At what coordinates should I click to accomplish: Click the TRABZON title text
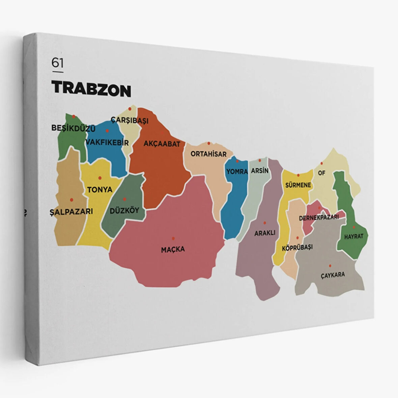pos(91,89)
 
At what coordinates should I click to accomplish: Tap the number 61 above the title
pos(57,63)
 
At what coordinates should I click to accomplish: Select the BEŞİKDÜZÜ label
pos(73,128)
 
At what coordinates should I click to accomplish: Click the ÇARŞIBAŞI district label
pos(130,120)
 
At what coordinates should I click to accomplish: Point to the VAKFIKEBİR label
pos(107,143)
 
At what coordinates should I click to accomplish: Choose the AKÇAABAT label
pos(162,144)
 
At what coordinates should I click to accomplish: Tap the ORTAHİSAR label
pos(208,154)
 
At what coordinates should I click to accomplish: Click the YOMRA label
pos(237,172)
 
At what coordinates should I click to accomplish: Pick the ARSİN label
pos(260,171)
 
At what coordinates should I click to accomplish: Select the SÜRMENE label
pos(298,185)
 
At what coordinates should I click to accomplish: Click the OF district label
pos(321,173)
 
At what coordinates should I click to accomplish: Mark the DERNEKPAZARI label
pos(319,218)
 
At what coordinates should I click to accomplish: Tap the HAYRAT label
pos(353,236)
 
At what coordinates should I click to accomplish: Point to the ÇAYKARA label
pos(333,275)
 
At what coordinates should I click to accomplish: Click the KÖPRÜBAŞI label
pos(297,247)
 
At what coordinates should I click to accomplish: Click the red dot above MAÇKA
pos(173,238)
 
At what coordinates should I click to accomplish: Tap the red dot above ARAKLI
pos(265,223)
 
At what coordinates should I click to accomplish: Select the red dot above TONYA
pos(99,178)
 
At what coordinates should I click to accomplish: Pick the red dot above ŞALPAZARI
pos(72,200)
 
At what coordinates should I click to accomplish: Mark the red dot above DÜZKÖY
pos(124,199)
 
